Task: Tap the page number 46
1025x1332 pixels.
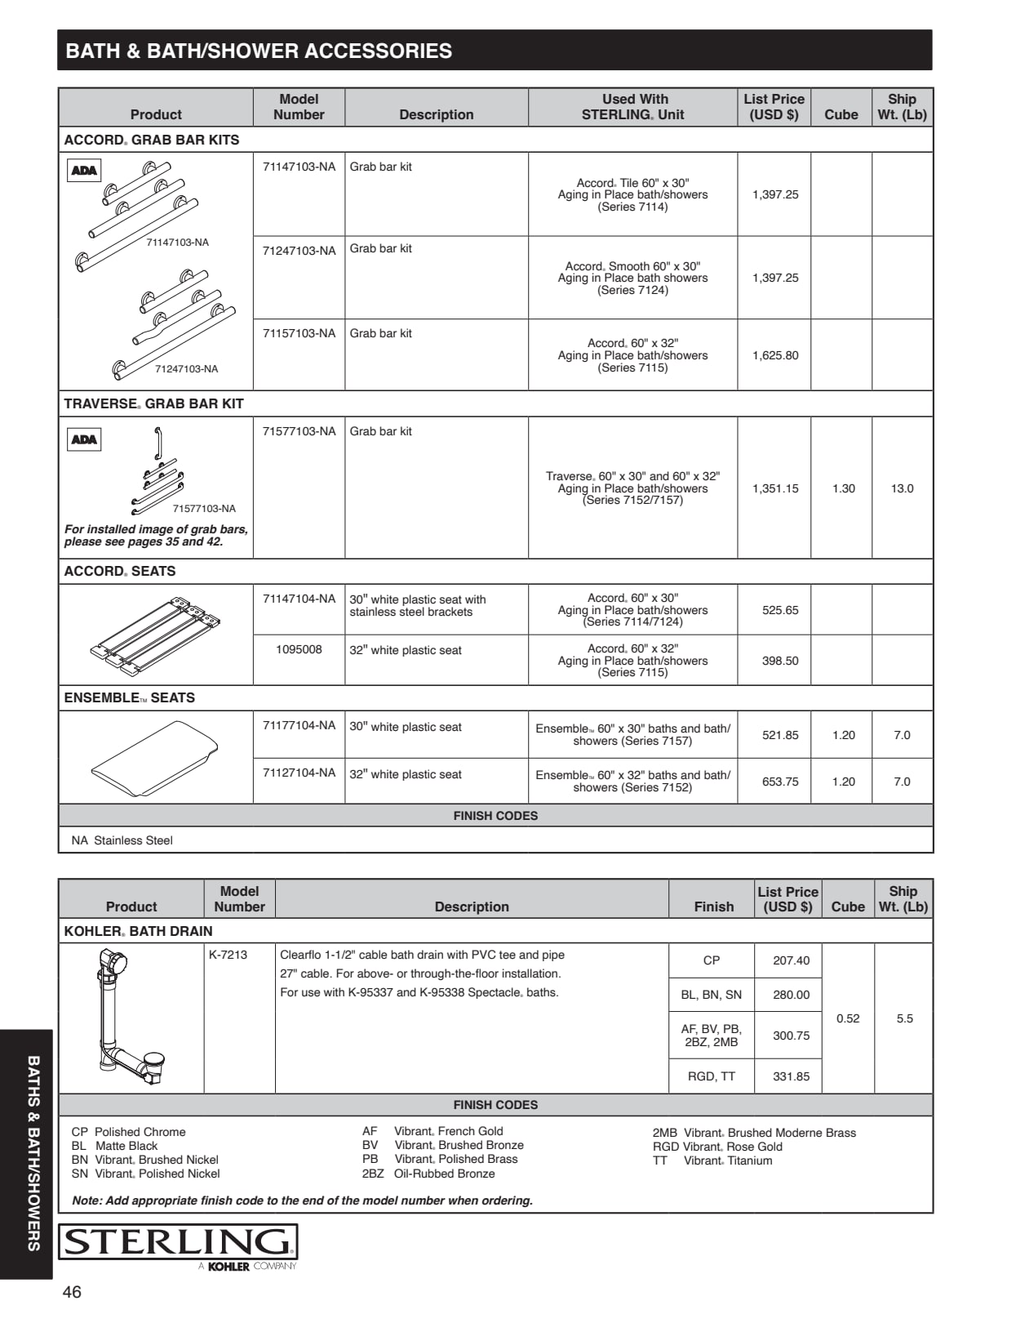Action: (x=72, y=1292)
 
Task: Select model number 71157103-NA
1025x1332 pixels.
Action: (x=299, y=333)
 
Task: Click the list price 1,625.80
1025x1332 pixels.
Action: (x=775, y=355)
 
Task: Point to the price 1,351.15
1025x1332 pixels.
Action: (x=775, y=488)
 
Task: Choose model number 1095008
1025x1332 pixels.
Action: (x=299, y=650)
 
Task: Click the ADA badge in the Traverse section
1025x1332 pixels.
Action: (x=84, y=439)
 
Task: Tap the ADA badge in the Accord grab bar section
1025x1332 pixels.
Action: (x=84, y=171)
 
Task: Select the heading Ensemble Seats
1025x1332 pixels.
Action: (x=130, y=698)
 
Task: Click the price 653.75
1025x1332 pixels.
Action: (x=780, y=782)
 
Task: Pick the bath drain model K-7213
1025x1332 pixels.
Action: (x=228, y=955)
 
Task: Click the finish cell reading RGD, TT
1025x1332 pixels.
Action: (x=712, y=1076)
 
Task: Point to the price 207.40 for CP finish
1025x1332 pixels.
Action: (x=791, y=960)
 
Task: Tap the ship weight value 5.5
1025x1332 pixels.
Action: (x=904, y=1018)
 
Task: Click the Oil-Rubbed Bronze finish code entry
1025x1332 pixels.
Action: (x=428, y=1174)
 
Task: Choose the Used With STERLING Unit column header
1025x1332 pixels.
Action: (x=633, y=107)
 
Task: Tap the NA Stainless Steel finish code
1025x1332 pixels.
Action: (x=122, y=840)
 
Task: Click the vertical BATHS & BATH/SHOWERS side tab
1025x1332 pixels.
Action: (x=33, y=1152)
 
